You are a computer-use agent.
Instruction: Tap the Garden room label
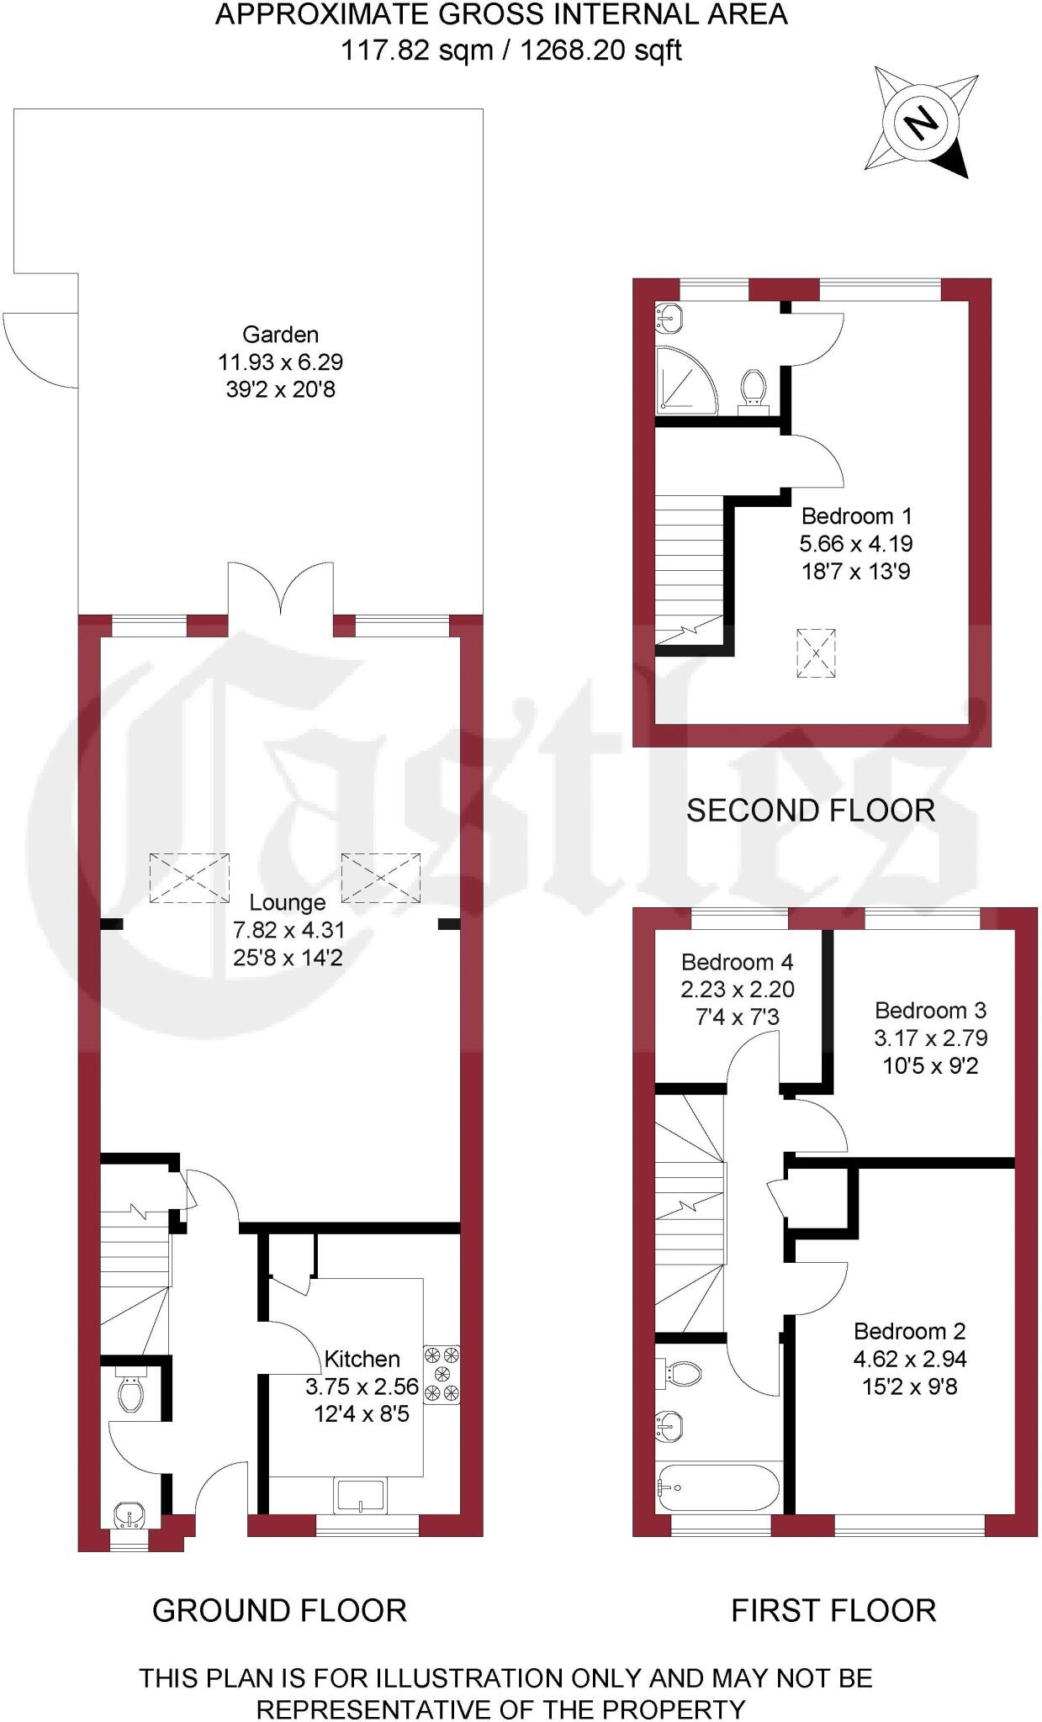tap(280, 335)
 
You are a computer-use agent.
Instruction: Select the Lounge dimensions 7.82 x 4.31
tap(288, 930)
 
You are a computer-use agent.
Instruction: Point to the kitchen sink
tap(361, 1497)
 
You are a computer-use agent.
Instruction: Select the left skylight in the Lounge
tap(190, 878)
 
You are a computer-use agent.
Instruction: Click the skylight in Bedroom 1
tap(815, 652)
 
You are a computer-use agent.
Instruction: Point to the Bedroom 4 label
tap(737, 962)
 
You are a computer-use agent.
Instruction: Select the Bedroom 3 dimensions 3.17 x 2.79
tap(930, 1038)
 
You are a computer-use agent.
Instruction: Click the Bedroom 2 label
tap(909, 1331)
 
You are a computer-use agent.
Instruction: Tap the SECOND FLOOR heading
tap(810, 811)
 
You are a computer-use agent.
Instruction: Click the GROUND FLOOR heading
tap(279, 1610)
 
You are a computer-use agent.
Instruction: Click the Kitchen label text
tap(362, 1359)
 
